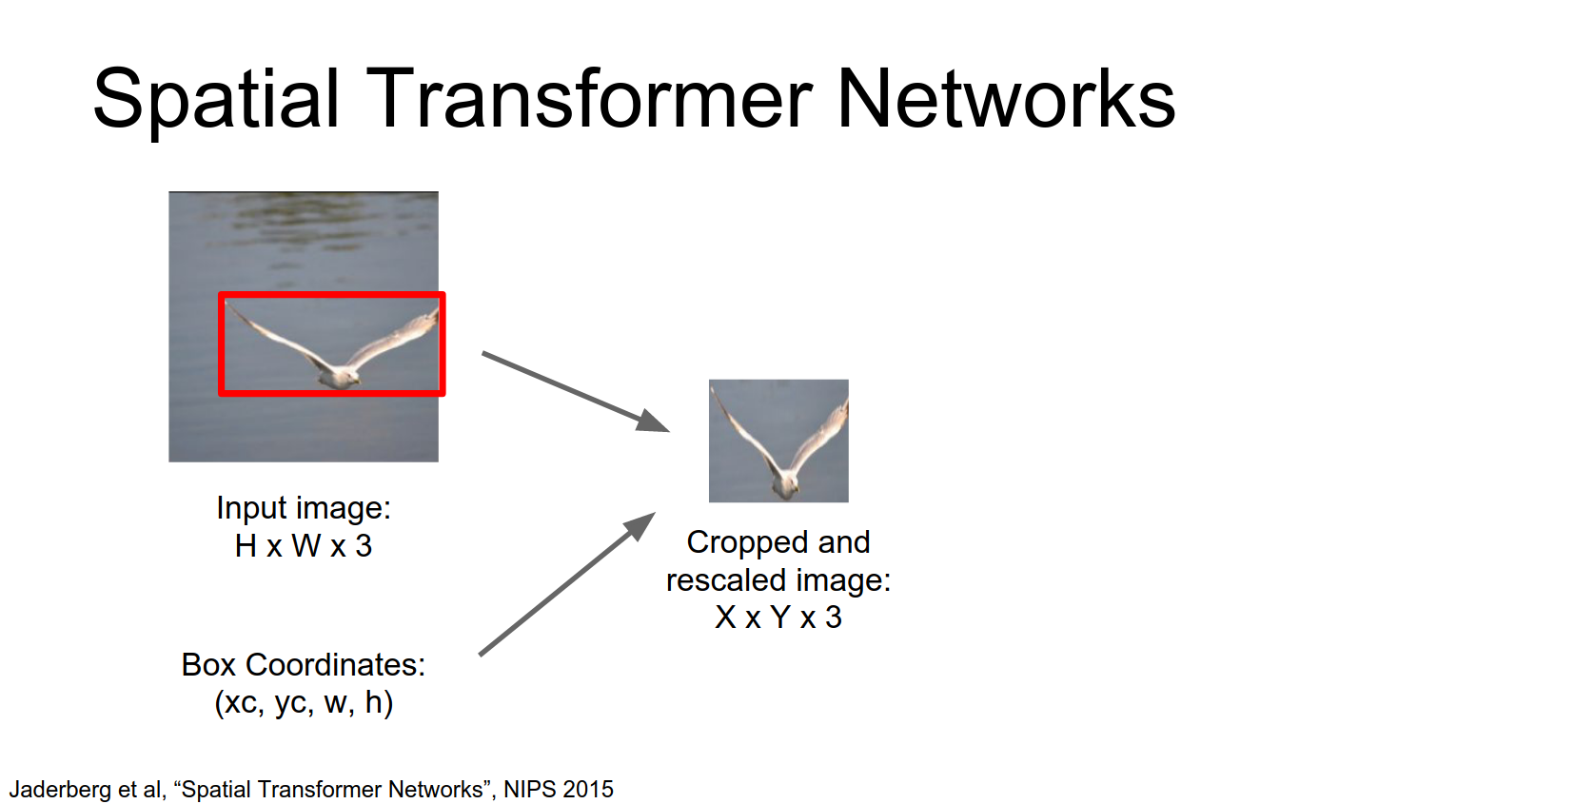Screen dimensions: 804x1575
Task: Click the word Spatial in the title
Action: pyautogui.click(x=216, y=99)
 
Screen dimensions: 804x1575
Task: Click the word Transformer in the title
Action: pyautogui.click(x=589, y=99)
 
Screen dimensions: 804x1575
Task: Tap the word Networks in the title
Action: pyautogui.click(x=1006, y=99)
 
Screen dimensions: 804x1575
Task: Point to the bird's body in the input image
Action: pyautogui.click(x=338, y=375)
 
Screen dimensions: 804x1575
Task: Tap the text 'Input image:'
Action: pyautogui.click(x=304, y=508)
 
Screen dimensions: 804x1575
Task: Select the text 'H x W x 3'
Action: pyautogui.click(x=304, y=546)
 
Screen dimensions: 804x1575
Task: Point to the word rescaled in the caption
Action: pyautogui.click(x=726, y=580)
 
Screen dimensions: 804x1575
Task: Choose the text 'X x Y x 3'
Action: pyautogui.click(x=778, y=618)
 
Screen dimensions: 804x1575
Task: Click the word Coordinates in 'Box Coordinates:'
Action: pyautogui.click(x=336, y=665)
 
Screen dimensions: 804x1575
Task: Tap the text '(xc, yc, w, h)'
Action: pyautogui.click(x=304, y=703)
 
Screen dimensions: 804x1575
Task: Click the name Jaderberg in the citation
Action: pyautogui.click(x=60, y=790)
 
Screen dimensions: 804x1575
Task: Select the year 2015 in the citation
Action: pyautogui.click(x=587, y=790)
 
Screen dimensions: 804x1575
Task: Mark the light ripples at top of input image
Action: pyautogui.click(x=305, y=214)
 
